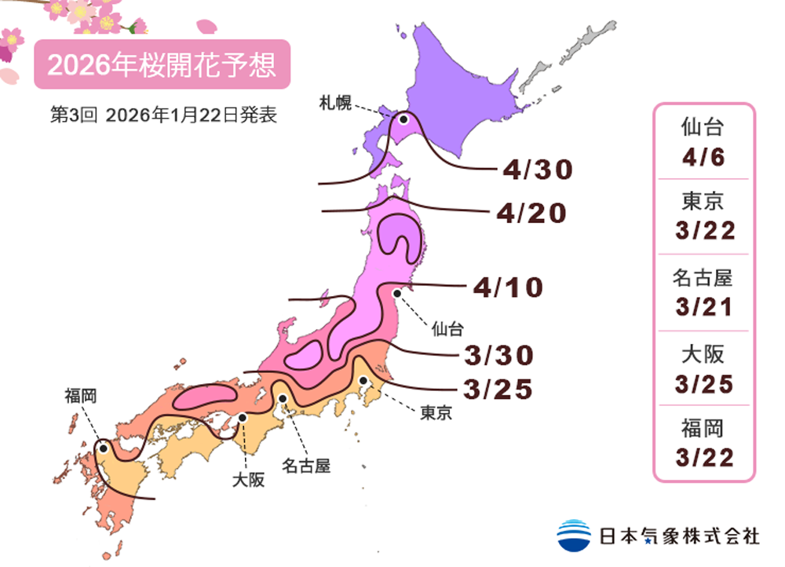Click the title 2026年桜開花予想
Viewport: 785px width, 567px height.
162,65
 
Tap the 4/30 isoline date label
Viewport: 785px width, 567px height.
538,168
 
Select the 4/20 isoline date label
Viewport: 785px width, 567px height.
531,213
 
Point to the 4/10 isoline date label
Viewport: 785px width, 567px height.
508,287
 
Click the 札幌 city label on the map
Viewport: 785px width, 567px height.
335,101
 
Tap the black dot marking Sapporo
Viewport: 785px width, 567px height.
403,120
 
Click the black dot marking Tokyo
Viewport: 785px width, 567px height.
363,381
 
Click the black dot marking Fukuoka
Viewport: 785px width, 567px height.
103,449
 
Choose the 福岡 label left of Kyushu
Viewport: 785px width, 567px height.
81,396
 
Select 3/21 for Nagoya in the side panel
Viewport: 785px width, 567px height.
703,306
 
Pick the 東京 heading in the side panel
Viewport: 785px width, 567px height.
703,202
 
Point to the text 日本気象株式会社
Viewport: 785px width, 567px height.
680,536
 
